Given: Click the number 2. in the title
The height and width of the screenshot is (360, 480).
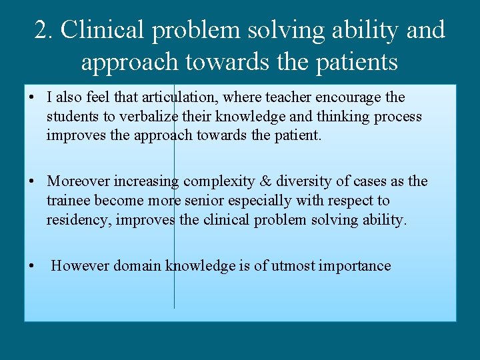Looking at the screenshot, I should click(45, 31).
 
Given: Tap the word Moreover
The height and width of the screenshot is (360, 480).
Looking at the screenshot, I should click(79, 181).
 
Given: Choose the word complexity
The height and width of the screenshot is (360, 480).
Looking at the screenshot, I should click(215, 181).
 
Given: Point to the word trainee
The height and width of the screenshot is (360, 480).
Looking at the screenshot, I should click(69, 201).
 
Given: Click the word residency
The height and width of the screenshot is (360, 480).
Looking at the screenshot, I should click(78, 220).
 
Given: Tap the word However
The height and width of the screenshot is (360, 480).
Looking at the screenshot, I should click(81, 266).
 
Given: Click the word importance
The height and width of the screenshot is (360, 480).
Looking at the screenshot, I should click(355, 266).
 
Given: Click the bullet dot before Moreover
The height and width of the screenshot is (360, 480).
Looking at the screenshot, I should click(32, 182).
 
